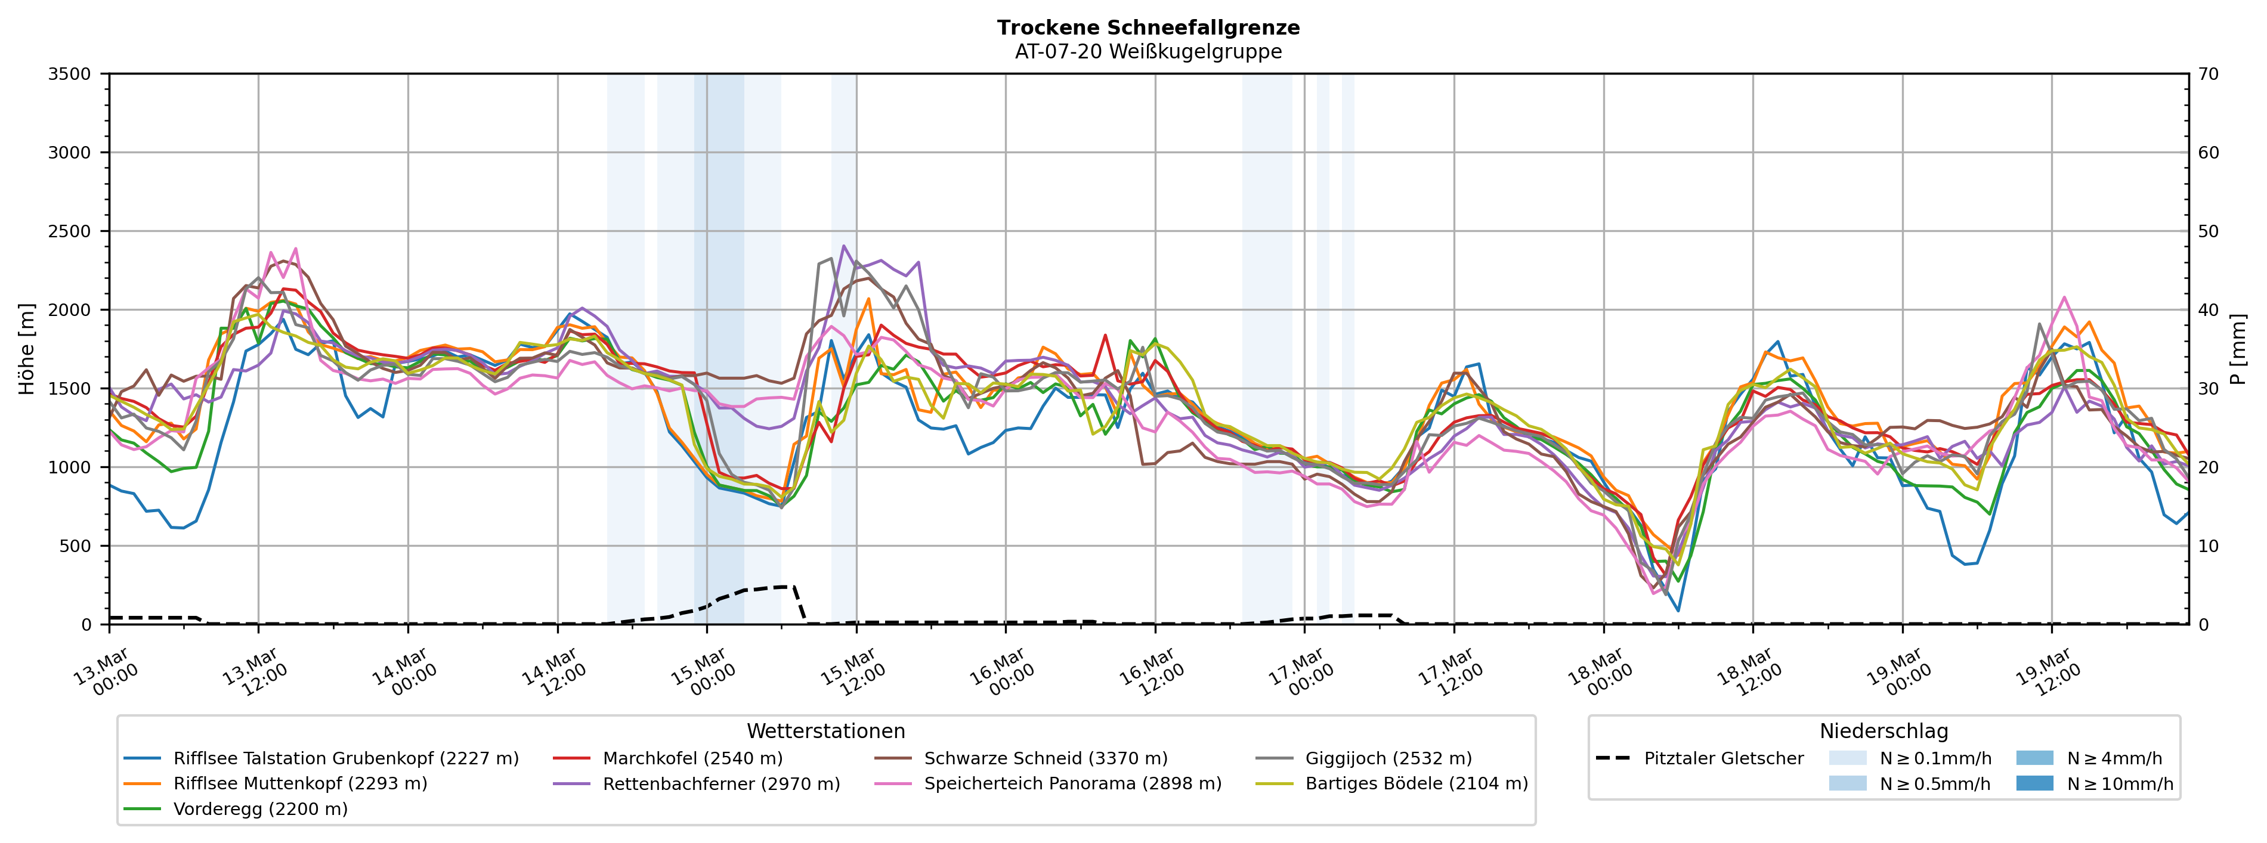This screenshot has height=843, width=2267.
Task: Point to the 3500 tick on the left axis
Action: point(70,74)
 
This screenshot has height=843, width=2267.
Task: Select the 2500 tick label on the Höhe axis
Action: point(70,231)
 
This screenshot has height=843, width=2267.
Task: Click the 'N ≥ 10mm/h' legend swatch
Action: point(2034,784)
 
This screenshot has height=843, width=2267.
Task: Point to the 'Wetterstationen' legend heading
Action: point(825,732)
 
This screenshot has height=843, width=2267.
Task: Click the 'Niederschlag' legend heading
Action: point(1884,732)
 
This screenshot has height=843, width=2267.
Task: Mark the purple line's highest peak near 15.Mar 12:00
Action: point(844,246)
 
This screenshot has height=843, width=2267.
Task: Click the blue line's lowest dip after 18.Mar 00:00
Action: point(1678,610)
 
